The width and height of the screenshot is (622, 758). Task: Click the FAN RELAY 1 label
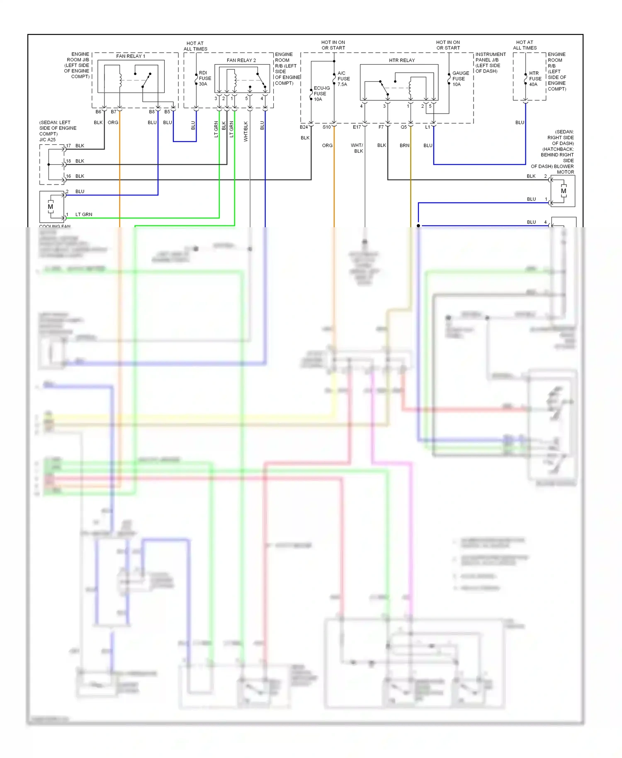131,56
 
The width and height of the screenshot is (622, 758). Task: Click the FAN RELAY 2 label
241,60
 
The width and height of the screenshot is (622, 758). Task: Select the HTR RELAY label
401,60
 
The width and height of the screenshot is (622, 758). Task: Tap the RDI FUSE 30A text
204,78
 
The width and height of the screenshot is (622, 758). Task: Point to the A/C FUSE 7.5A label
343,79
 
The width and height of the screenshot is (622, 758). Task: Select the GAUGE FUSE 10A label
460,79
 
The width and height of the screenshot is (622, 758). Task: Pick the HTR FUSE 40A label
535,79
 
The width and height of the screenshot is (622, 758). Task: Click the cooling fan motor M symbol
51,207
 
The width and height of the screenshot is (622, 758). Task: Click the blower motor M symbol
563,191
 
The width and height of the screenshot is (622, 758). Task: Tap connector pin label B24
304,127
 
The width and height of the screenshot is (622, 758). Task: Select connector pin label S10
327,127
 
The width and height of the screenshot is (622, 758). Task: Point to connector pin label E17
357,127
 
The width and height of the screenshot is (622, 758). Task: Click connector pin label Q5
403,127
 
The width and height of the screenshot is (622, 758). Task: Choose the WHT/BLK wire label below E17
357,148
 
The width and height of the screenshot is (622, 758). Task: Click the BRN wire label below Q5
404,146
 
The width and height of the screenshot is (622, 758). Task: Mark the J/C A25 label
47,140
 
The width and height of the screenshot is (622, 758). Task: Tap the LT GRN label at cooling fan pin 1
84,214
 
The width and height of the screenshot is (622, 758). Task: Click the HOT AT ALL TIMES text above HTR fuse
525,45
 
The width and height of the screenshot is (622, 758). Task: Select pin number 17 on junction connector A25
68,146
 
